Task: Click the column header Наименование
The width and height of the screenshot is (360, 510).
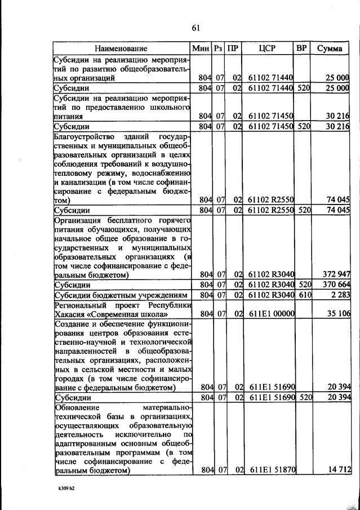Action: click(121, 48)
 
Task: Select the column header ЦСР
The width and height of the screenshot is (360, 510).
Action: click(266, 48)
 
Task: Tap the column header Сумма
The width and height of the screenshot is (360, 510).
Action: click(329, 48)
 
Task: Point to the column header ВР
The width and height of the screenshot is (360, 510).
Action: click(301, 48)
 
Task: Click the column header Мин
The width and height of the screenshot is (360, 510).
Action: click(201, 48)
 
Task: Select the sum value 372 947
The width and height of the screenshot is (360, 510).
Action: click(336, 275)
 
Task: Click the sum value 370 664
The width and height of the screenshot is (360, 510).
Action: click(336, 285)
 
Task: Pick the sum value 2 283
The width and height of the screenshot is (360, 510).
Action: click(340, 295)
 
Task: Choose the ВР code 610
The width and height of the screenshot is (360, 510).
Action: click(304, 295)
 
